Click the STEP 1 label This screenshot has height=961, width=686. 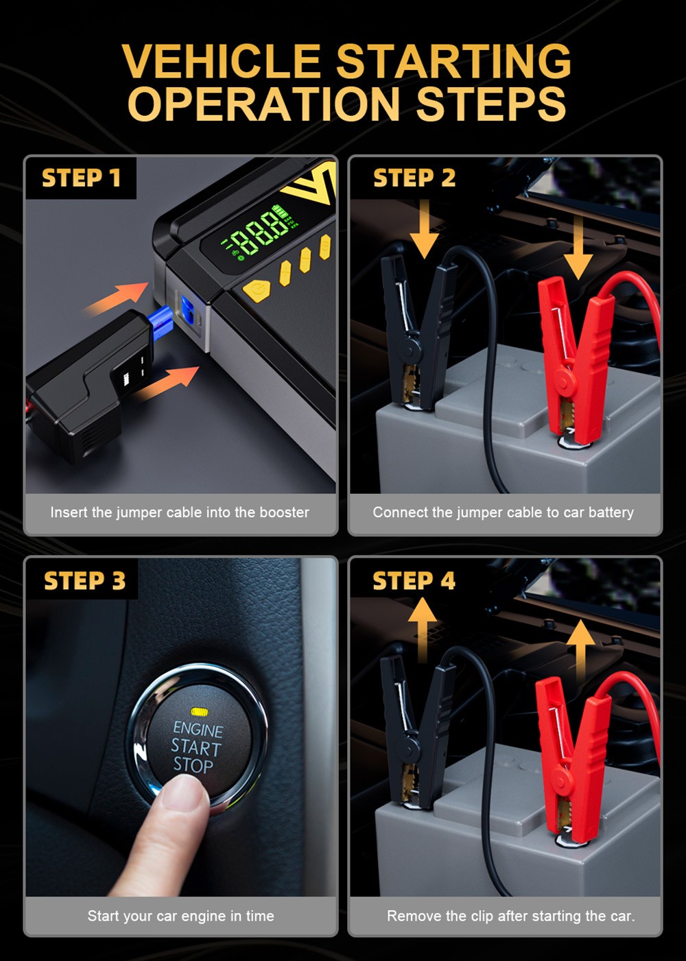[81, 178]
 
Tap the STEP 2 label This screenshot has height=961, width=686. [414, 178]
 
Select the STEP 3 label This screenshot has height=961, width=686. [84, 581]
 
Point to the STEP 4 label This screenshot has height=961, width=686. [414, 581]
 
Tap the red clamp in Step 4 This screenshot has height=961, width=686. [573, 755]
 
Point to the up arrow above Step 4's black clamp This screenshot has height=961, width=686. [423, 628]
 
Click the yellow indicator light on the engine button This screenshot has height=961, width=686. [200, 711]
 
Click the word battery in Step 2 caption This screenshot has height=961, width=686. [611, 512]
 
